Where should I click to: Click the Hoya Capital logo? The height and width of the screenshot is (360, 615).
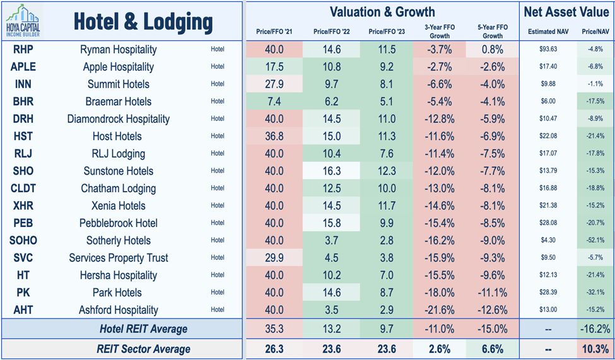point(25,20)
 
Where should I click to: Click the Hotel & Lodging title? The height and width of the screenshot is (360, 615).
point(143,22)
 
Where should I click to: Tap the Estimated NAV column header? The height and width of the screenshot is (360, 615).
point(545,31)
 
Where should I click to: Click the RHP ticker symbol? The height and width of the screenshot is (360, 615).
point(23,49)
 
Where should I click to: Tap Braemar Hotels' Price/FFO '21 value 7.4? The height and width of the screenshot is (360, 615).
point(274,102)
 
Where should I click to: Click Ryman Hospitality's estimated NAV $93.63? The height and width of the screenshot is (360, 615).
point(545,49)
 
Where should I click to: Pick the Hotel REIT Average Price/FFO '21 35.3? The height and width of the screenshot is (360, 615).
point(274,328)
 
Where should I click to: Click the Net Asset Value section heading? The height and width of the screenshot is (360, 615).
point(565,11)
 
